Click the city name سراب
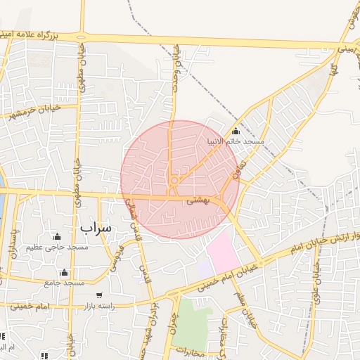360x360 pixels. pos(96,228)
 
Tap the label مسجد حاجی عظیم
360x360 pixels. pos(58,247)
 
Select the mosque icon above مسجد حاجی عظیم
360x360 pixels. pos(57,236)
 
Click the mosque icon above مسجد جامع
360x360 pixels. pos(65,272)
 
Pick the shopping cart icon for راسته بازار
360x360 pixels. pos(99,295)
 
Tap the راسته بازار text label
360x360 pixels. pos(98,307)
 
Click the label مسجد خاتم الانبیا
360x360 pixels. pos(236,142)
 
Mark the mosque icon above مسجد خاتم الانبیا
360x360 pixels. pos(235,131)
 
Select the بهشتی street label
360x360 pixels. pos(198,201)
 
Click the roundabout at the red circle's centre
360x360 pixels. pos(174,181)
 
